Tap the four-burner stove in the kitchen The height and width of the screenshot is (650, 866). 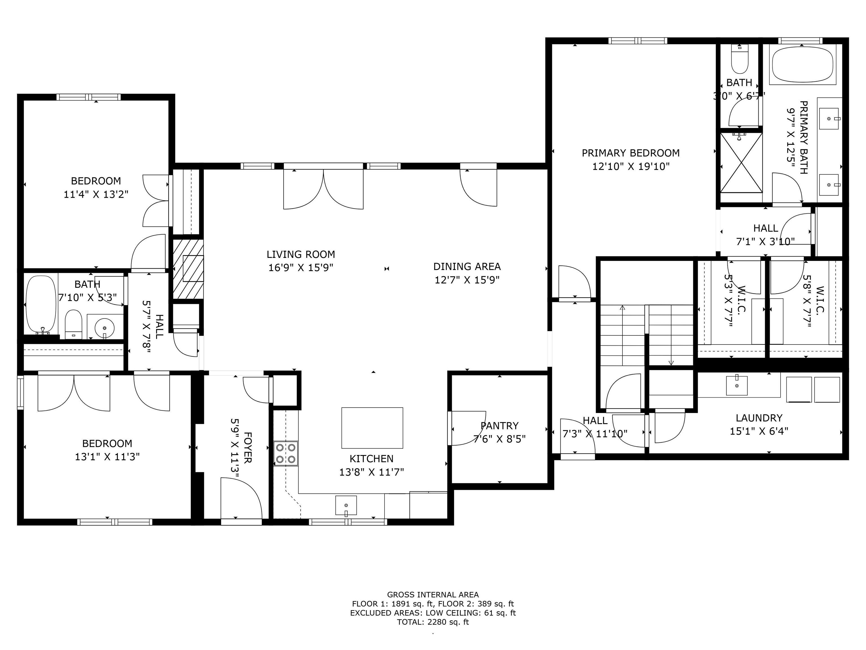pos(286,453)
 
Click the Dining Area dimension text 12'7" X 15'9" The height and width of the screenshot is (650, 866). pos(467,280)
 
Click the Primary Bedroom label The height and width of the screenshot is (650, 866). pos(630,153)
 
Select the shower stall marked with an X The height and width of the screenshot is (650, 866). pos(741,162)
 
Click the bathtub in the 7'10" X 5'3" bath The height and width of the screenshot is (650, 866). pos(41,304)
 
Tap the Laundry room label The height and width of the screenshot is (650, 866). pos(759,418)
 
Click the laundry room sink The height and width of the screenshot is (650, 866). pos(737,385)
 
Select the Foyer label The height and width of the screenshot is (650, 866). pos(248,447)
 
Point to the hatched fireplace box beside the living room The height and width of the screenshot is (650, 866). pos(188,269)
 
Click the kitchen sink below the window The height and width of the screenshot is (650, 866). pos(346,506)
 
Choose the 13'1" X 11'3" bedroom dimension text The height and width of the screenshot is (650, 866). pos(107,456)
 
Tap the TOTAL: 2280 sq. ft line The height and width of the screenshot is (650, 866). pos(433,622)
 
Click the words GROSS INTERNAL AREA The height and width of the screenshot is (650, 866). pos(433,595)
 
